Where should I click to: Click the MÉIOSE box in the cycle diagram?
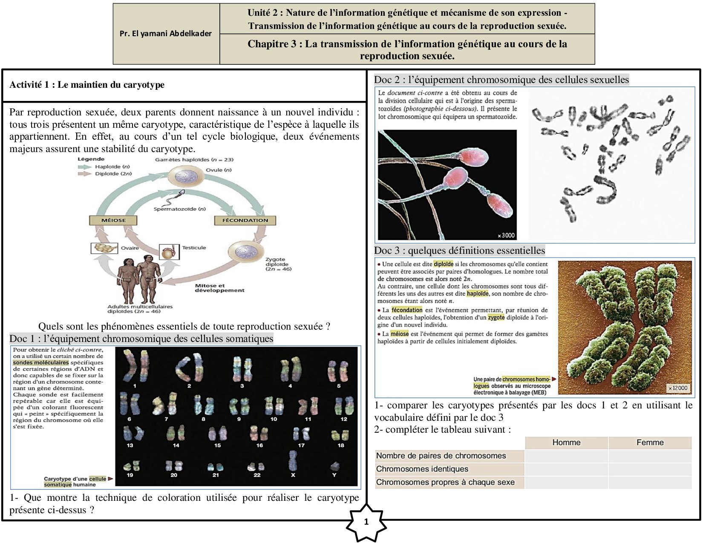[x=113, y=220]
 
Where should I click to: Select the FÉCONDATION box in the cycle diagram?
[x=245, y=220]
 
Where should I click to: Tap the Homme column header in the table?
[x=566, y=442]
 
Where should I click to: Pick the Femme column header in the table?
[x=650, y=442]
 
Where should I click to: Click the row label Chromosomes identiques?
[x=422, y=469]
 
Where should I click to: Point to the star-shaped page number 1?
[x=366, y=522]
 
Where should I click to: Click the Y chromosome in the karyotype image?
[x=334, y=466]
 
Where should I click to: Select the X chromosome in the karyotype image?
[x=293, y=461]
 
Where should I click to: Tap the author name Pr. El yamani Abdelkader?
[x=166, y=34]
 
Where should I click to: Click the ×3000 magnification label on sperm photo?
[x=506, y=235]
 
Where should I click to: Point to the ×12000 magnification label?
[x=677, y=388]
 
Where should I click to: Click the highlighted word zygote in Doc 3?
[x=496, y=317]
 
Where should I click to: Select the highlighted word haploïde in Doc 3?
[x=477, y=293]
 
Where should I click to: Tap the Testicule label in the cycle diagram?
[x=194, y=247]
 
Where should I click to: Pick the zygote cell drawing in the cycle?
[x=245, y=252]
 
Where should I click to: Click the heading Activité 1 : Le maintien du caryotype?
[x=87, y=85]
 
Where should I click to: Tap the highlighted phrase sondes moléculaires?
[x=41, y=362]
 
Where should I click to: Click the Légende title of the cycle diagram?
[x=91, y=159]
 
